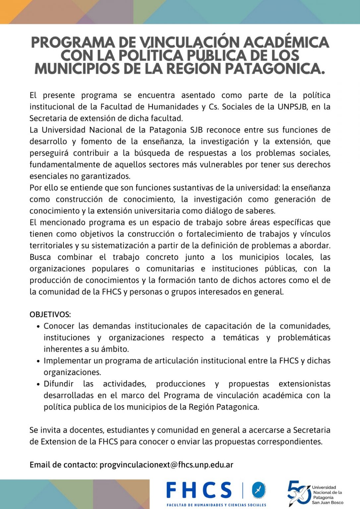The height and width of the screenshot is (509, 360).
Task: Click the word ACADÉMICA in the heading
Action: [286, 42]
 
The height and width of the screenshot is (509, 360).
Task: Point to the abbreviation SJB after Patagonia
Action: [196, 130]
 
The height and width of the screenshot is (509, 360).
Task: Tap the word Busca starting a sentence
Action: [40, 257]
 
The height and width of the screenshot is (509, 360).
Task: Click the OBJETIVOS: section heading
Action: [50, 314]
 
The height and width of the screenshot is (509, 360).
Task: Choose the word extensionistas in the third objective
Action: [304, 384]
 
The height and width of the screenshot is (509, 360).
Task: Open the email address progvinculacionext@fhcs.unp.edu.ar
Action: [166, 465]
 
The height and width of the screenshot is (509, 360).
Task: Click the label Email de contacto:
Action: [63, 465]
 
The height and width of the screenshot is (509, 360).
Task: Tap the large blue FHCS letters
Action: [199, 490]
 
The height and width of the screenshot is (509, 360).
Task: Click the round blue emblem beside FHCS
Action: [259, 490]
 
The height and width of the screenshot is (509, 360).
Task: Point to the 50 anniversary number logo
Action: [298, 493]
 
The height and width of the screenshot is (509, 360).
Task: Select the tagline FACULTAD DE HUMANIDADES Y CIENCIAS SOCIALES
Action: [216, 505]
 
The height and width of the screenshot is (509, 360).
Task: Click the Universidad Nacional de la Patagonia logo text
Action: [328, 495]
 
